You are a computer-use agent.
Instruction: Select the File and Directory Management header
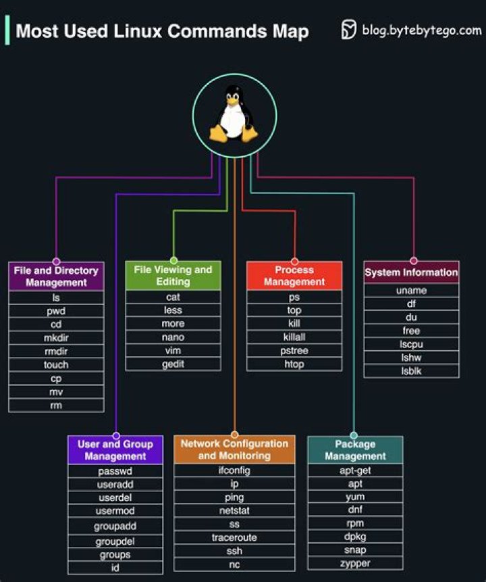pos(56,276)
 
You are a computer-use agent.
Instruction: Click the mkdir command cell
pos(56,337)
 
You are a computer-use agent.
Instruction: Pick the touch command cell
pos(56,364)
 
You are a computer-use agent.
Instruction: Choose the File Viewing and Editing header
pos(173,276)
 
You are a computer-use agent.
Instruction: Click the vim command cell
pos(173,350)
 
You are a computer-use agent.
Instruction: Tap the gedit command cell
pos(173,364)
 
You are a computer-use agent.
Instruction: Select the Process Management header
pos(294,276)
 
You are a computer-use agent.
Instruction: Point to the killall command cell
pos(294,337)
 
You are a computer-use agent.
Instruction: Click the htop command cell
pos(294,364)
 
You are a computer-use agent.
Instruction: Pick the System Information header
pos(411,272)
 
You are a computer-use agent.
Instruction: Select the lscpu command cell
pos(411,344)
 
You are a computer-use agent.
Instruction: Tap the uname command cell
pos(411,291)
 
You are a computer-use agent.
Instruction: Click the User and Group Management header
pos(115,450)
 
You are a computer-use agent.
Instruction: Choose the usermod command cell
pos(115,511)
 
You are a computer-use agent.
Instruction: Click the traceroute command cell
pos(234,537)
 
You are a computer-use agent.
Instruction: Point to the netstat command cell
pos(234,510)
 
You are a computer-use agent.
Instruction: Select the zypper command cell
pos(355,563)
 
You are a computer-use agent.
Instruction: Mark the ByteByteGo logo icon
pos(349,30)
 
